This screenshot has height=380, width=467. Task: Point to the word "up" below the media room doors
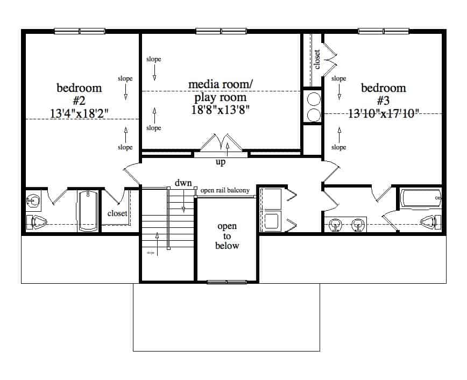click(221, 161)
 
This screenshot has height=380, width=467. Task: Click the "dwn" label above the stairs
click(183, 183)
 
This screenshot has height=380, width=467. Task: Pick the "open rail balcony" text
click(224, 190)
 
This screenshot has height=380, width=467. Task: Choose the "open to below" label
click(227, 236)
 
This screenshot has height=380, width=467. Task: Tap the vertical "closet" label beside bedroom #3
click(317, 59)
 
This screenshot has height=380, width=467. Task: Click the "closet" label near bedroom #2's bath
click(117, 213)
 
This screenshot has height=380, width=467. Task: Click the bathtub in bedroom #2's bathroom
click(87, 211)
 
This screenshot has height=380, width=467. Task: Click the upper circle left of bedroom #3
click(313, 98)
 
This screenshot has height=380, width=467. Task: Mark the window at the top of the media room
click(221, 31)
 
